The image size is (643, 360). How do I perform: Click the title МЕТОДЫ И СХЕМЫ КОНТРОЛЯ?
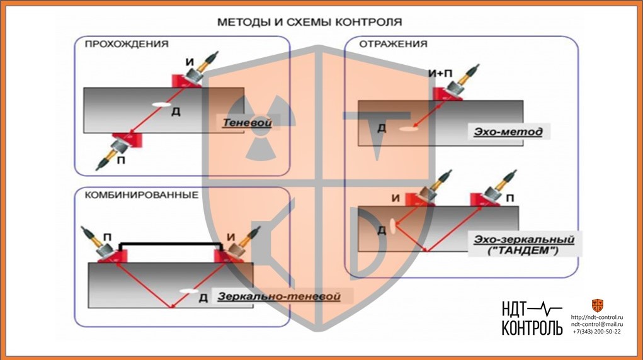[309, 22]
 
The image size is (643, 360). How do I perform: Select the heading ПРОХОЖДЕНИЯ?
[126, 44]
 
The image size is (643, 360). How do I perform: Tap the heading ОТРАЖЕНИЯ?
[393, 44]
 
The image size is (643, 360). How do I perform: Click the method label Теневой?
[246, 123]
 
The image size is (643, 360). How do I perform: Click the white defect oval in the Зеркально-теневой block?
[187, 290]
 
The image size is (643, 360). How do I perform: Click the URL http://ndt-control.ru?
[596, 317]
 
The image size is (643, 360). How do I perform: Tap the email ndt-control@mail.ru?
[596, 323]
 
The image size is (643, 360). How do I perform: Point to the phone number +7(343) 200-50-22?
[596, 331]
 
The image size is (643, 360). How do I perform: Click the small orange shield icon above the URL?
[597, 305]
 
